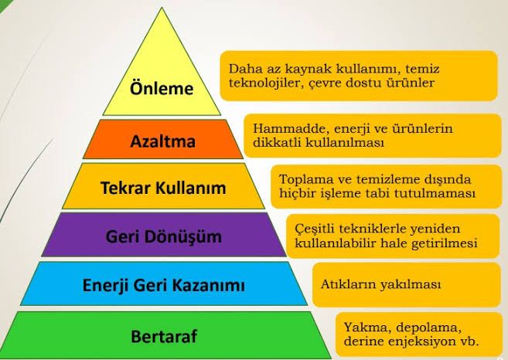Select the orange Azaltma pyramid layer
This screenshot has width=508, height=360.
point(163,141)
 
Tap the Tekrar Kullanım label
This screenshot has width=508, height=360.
point(163,188)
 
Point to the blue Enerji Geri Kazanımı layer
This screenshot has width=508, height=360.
point(163,286)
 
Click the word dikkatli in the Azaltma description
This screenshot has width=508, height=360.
point(277,143)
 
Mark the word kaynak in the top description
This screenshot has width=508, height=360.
point(318,67)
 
